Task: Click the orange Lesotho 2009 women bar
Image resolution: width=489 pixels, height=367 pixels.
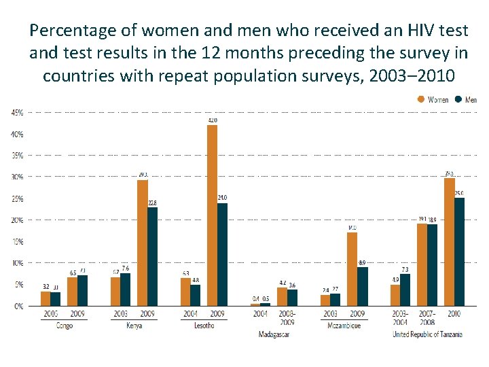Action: (213, 215)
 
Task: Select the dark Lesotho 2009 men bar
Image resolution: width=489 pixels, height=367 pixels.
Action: (222, 254)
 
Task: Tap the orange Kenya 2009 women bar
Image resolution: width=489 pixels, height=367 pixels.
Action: (143, 243)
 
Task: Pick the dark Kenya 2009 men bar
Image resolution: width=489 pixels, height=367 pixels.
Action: (152, 256)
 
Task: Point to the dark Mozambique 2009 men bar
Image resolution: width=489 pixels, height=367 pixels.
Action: (362, 286)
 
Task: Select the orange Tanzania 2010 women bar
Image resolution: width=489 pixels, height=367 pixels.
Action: (449, 242)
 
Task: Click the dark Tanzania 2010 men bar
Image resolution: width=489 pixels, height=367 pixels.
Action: (459, 251)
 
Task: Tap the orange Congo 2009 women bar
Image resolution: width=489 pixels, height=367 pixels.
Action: (73, 292)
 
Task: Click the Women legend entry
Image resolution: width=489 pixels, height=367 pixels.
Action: (433, 99)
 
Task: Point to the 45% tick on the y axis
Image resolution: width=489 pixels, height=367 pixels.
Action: (16, 112)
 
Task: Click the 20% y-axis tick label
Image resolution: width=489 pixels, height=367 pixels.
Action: (16, 220)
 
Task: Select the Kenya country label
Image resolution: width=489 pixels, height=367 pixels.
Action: (133, 326)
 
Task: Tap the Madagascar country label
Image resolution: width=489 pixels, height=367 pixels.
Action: (274, 334)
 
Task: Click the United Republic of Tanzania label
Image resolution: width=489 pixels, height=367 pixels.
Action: (427, 334)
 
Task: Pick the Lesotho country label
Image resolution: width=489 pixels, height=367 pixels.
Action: (203, 326)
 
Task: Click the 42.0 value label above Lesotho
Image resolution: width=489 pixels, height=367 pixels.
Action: (213, 120)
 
